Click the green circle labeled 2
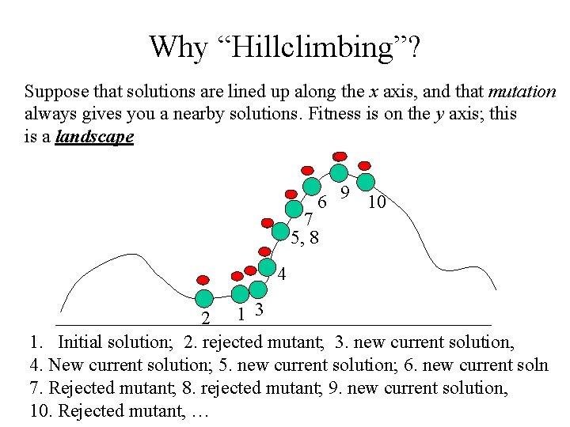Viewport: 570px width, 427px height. (204, 298)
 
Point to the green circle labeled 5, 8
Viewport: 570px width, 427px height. (280, 231)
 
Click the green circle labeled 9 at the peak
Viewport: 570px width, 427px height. (339, 173)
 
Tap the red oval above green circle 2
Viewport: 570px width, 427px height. (203, 280)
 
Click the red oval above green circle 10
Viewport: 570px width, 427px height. (365, 165)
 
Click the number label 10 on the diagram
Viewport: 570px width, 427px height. (377, 203)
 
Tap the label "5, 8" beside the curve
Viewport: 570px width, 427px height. (305, 236)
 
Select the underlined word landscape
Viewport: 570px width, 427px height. (95, 136)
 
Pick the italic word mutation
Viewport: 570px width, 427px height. (522, 92)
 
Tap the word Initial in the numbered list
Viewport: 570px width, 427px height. (85, 342)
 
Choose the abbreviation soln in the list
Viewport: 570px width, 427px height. (530, 365)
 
